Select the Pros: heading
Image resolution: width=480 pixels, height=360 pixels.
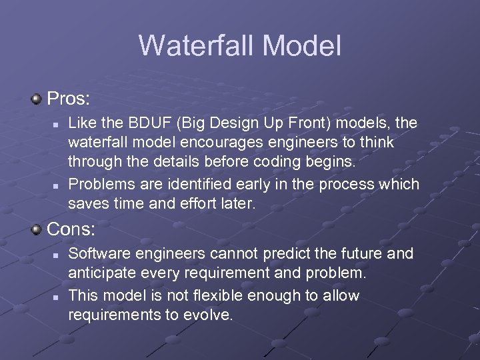tap(68, 99)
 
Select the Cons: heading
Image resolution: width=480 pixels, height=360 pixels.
tap(71, 230)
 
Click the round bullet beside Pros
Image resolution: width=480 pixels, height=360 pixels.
tap(37, 99)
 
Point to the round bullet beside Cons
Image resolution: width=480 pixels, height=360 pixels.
tap(37, 230)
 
